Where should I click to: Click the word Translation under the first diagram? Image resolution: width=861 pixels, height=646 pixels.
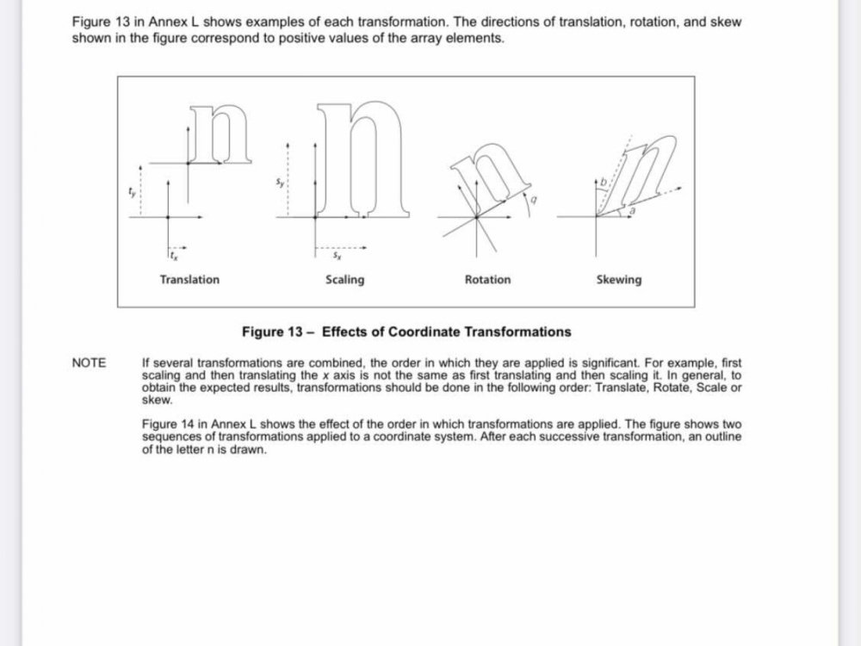tap(189, 280)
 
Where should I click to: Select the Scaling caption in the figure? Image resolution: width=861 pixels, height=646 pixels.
tap(345, 280)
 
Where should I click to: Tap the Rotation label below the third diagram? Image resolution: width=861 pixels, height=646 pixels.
tap(487, 280)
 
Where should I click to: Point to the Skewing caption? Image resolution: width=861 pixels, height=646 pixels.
tap(619, 280)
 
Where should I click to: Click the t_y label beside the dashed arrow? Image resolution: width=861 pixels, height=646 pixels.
tap(131, 192)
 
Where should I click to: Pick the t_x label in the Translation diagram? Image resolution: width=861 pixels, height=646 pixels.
tap(174, 256)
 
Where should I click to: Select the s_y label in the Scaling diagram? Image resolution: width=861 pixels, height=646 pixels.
tap(280, 183)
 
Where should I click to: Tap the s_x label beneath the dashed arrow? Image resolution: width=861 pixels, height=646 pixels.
tap(338, 256)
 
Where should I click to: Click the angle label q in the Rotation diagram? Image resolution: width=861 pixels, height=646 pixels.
tap(533, 201)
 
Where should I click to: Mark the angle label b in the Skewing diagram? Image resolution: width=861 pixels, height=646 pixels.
tap(604, 181)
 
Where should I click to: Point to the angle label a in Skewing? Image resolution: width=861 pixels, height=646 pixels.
tap(632, 210)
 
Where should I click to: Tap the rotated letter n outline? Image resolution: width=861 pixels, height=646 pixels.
tap(489, 176)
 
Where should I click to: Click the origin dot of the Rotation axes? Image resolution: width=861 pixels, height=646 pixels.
tap(476, 218)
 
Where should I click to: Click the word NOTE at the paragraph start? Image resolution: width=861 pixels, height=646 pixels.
tap(89, 363)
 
